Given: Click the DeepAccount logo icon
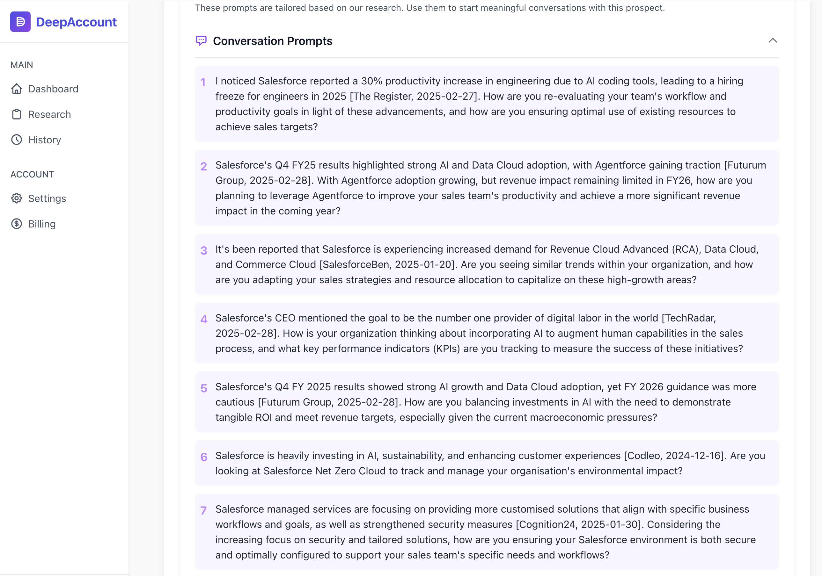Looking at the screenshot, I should coord(20,22).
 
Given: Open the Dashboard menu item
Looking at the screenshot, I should coord(53,89).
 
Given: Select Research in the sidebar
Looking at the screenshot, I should coord(49,114).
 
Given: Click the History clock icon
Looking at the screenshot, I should coord(17,140).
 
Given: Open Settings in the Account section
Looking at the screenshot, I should coord(47,198).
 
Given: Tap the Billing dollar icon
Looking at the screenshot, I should coord(17,224).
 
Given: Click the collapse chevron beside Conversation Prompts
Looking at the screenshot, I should coord(773,40).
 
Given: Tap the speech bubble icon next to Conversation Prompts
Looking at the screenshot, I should coord(201,41).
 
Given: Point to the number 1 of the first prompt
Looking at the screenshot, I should coord(203,83).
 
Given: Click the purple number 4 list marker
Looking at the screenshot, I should coord(204,320).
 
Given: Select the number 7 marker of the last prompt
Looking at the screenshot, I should coord(204,510).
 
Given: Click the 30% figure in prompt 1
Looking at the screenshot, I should coord(371,81).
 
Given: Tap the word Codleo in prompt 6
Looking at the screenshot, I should coord(643,456).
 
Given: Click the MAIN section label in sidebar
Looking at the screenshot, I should coord(22,65).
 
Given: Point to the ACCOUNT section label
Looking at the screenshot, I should coord(32,174).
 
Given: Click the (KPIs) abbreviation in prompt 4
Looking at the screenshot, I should coord(446,349).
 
